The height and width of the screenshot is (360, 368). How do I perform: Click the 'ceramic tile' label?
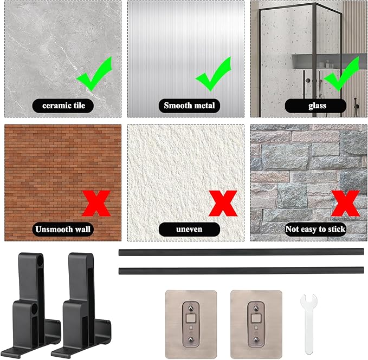click(63, 106)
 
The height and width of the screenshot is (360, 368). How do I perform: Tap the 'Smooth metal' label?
click(189, 106)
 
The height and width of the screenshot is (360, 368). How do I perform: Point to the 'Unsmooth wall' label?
click(63, 229)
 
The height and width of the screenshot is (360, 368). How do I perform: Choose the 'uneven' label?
click(189, 229)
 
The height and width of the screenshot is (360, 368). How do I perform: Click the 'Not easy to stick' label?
click(315, 229)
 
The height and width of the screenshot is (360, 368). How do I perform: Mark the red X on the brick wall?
click(96, 203)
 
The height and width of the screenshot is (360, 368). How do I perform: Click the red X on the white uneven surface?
click(223, 203)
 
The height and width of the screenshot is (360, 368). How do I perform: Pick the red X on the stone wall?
click(345, 203)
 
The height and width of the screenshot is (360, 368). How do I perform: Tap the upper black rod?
click(241, 252)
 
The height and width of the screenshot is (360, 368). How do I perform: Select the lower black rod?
click(241, 271)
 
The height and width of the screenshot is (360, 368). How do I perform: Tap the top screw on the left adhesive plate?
click(191, 307)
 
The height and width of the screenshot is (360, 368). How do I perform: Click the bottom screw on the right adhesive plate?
click(256, 339)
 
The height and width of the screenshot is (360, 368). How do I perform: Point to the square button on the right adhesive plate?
click(256, 318)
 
